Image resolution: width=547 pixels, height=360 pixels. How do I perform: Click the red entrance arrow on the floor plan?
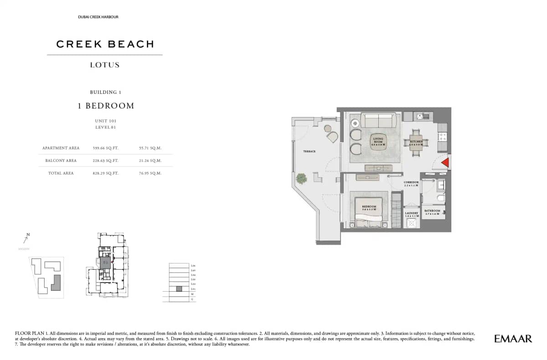tap(446, 163)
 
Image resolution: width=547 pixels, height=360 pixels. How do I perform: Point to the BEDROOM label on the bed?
tap(368, 207)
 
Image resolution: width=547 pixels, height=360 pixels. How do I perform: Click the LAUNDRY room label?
tap(412, 214)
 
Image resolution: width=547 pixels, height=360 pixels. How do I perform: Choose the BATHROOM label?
tap(432, 212)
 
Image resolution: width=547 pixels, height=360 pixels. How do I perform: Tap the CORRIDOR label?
tap(411, 184)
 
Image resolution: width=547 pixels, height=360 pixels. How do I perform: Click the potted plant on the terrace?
tap(301, 178)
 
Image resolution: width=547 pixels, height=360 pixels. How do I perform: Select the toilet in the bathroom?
tap(439, 198)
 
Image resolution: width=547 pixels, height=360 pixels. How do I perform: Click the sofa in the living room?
tap(378, 121)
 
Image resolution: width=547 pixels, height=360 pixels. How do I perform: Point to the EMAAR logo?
tap(513, 339)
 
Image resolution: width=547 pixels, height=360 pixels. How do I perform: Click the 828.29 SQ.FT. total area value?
tap(105, 173)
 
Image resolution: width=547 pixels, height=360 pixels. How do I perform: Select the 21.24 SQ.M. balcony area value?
tap(150, 160)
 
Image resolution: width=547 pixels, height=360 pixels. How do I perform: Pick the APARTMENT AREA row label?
tap(61, 148)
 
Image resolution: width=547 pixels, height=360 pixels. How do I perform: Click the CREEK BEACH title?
tap(105, 44)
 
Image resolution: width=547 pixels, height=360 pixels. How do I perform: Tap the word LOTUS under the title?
tap(105, 65)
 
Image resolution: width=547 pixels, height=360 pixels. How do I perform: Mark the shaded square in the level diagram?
tap(179, 289)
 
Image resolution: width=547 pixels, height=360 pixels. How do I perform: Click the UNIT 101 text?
tap(105, 121)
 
